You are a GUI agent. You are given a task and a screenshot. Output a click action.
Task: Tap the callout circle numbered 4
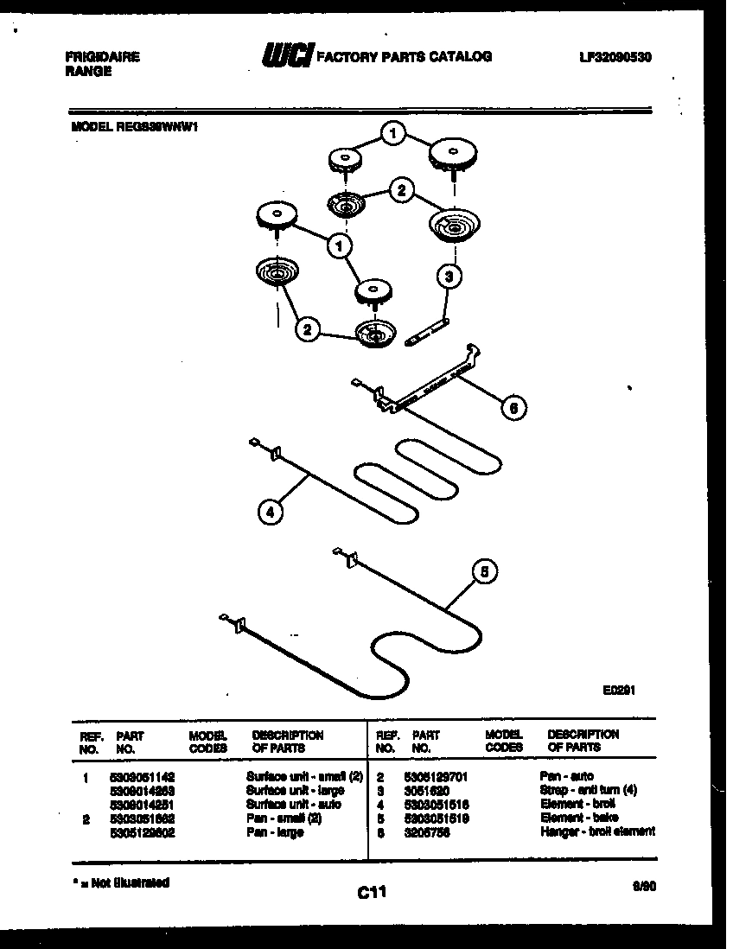point(270,512)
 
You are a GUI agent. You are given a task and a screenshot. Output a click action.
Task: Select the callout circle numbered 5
point(485,571)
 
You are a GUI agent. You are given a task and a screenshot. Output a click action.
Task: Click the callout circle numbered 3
point(448,277)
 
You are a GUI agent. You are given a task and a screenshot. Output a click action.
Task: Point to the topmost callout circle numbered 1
point(393,133)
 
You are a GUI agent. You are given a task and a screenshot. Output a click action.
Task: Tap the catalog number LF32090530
point(615,57)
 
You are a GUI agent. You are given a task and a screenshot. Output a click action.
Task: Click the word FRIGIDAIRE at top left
point(102,58)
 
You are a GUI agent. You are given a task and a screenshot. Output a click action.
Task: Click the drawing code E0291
point(620,691)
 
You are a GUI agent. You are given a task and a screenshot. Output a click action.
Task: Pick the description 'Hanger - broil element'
point(597,831)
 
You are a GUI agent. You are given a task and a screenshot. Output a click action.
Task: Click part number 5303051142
point(143,777)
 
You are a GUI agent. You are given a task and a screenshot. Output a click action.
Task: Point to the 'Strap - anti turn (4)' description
point(589,790)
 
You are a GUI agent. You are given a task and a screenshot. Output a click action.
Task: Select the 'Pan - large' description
point(275,831)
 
